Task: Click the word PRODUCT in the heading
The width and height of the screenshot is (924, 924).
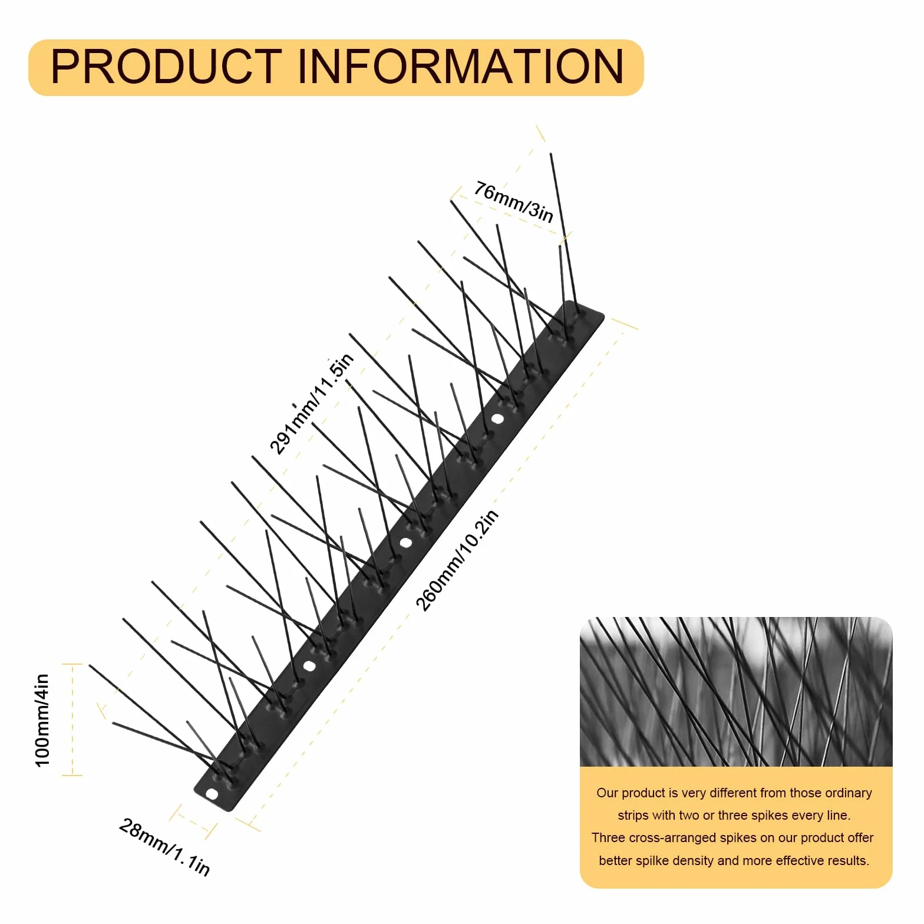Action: pos(166,66)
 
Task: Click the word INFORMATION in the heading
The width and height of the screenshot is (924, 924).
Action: pos(460,66)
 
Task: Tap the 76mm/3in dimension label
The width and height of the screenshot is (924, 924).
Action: pos(514,202)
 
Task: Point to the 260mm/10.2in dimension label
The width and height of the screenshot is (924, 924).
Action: pos(457,560)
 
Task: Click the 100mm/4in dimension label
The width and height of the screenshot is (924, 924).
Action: pos(42,720)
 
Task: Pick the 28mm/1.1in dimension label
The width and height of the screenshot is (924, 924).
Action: pos(164,847)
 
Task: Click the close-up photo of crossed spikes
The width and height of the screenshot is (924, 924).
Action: pos(736,692)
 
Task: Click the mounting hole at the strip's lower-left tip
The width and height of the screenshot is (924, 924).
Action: pos(212,794)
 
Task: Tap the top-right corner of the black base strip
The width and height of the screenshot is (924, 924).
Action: pos(604,316)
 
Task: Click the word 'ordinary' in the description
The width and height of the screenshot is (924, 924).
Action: pos(849,793)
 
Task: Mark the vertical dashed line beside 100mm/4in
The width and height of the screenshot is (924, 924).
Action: pos(72,720)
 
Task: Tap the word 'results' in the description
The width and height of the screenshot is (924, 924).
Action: pos(849,861)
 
